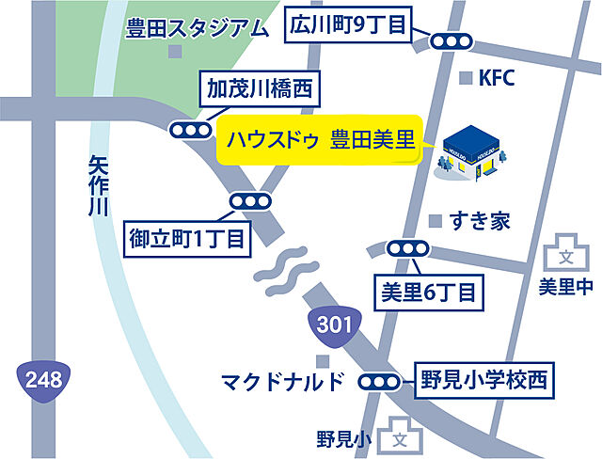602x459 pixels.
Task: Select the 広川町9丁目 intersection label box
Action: (x=348, y=24)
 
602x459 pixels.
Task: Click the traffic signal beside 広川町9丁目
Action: (x=450, y=41)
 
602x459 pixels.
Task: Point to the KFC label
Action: (x=498, y=79)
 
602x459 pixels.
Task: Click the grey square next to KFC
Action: (x=465, y=79)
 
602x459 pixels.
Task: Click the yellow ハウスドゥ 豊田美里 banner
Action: (x=320, y=142)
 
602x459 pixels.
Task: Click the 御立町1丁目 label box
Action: (x=187, y=238)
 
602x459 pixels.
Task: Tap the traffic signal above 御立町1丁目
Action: (x=250, y=201)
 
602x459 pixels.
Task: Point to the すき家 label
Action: (x=480, y=222)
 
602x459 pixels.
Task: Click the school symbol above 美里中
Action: (x=565, y=254)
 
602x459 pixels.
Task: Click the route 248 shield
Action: (x=41, y=380)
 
